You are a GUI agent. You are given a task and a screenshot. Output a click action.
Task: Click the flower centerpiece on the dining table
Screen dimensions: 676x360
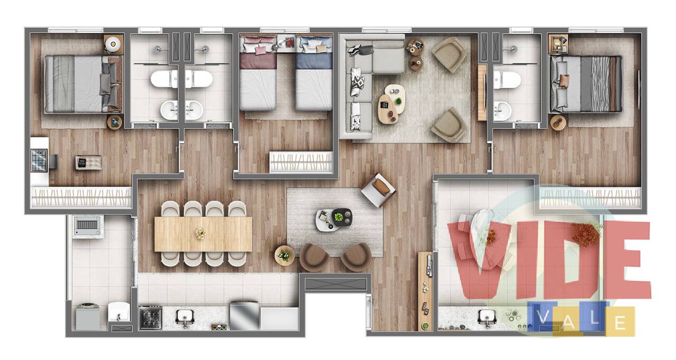tap(200, 233)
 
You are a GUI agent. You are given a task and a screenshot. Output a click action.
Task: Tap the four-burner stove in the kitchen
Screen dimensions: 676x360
tap(151, 318)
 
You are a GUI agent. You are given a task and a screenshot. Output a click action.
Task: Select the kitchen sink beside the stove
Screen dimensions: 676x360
tap(184, 317)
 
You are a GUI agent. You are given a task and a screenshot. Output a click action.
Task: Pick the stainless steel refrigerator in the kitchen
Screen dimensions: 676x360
tap(245, 315)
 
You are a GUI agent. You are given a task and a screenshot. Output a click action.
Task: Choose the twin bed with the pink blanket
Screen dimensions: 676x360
tap(258, 73)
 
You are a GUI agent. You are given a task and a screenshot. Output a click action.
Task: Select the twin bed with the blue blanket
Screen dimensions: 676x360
tap(314, 73)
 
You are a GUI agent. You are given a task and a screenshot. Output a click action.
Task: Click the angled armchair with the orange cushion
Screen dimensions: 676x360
tap(378, 190)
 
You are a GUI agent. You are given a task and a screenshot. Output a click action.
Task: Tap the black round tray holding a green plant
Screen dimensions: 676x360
tap(342, 217)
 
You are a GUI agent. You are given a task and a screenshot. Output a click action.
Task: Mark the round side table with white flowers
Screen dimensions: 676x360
tap(284, 255)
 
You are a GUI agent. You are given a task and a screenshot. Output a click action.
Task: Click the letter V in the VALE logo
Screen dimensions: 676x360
tap(542, 317)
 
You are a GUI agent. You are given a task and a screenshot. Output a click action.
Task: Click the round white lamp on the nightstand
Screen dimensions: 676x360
tap(113, 44)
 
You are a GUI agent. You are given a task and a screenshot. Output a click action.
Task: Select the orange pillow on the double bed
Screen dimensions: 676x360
tap(564, 81)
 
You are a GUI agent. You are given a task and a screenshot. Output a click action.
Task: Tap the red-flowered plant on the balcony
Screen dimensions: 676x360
tap(585, 234)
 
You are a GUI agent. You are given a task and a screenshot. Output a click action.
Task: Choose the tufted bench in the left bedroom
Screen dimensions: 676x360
tap(88, 163)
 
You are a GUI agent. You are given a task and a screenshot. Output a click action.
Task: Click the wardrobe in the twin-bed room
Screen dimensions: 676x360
tap(301, 162)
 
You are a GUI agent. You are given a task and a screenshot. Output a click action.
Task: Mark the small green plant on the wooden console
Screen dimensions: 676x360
tap(425, 326)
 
